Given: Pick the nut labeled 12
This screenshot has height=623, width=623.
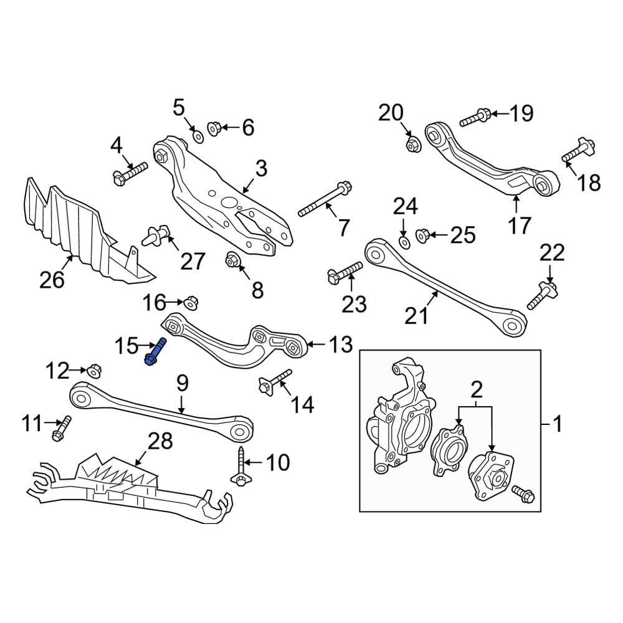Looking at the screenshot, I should (93, 370).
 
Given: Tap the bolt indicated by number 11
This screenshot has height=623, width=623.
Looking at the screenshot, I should (62, 429).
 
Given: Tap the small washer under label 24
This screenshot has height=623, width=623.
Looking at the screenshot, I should (404, 240).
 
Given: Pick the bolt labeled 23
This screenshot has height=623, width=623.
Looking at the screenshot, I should (343, 271).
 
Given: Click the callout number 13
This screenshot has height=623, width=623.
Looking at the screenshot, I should (340, 345).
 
